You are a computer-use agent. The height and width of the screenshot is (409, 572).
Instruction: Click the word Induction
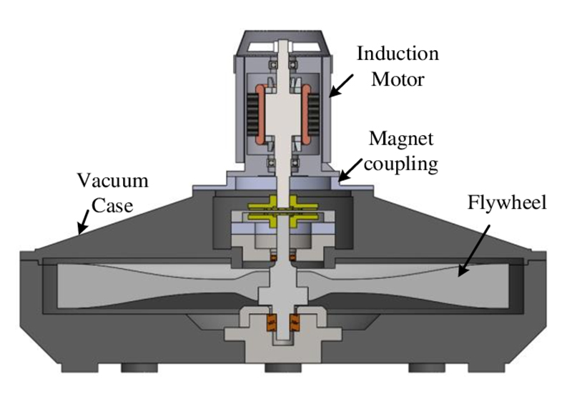398,54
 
